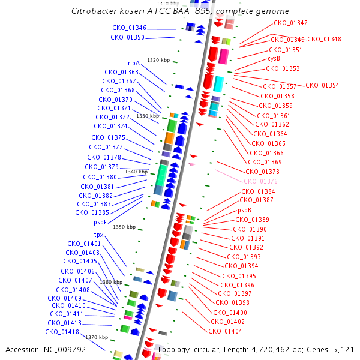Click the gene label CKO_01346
click(x=129, y=28)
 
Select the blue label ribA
click(x=133, y=63)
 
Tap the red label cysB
click(x=274, y=59)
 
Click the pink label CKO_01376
click(x=260, y=181)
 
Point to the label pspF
click(x=101, y=222)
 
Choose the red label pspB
click(x=244, y=211)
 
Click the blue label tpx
click(x=99, y=235)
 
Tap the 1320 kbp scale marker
click(x=158, y=60)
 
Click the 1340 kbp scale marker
click(x=135, y=172)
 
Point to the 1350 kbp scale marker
click(x=124, y=227)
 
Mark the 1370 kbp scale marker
click(x=96, y=337)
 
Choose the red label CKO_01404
click(x=225, y=331)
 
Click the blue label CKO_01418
click(x=62, y=332)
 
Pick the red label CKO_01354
click(x=322, y=85)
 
